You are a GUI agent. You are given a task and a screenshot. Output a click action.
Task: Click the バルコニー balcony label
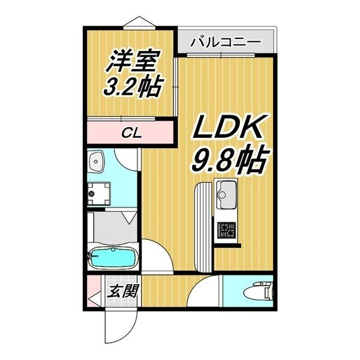[225, 43]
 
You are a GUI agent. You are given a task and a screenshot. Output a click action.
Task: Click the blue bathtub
[113, 259]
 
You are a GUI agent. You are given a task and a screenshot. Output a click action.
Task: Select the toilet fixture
[257, 292]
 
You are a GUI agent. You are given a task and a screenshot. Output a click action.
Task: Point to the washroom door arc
[127, 158]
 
